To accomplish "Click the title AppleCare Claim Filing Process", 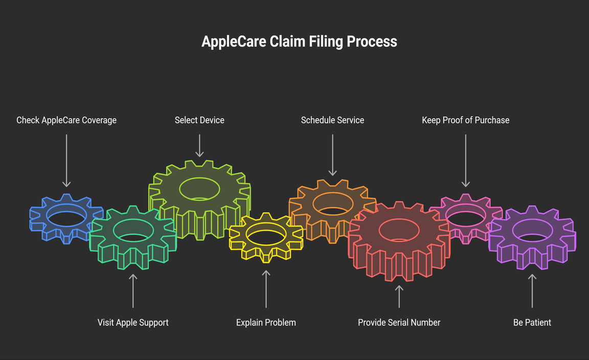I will [x=299, y=41].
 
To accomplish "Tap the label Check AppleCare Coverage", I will [x=66, y=120].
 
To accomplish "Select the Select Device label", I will [x=199, y=120].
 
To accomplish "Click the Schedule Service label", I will [x=332, y=120].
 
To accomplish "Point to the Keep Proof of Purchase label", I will [x=465, y=120].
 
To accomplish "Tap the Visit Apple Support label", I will [x=133, y=323].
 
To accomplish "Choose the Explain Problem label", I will [x=266, y=323].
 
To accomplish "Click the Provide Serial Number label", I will [x=399, y=323].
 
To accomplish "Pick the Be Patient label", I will [x=532, y=323].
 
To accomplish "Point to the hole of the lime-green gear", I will [x=199, y=189].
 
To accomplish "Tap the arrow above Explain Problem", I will [x=266, y=288].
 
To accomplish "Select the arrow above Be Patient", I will [x=532, y=290].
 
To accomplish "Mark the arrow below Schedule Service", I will [x=332, y=155].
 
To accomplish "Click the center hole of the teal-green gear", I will [x=133, y=231].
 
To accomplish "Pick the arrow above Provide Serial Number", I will [x=399, y=296].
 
